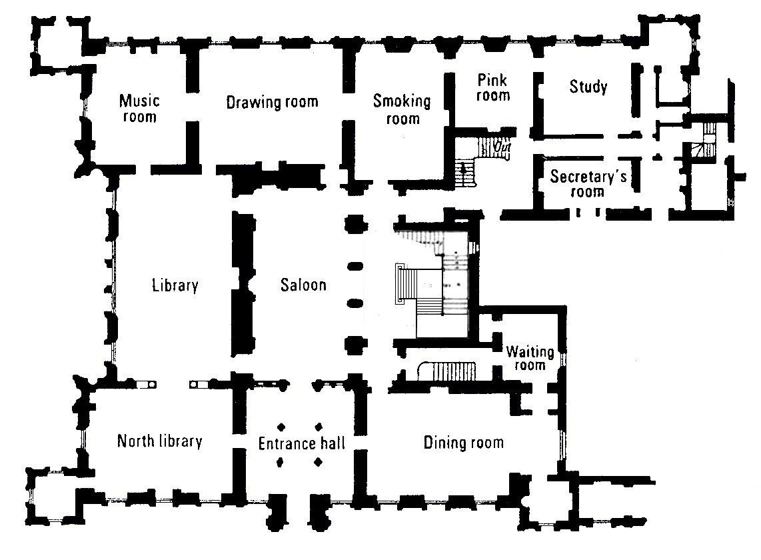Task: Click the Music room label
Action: click(x=139, y=109)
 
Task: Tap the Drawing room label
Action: click(x=272, y=102)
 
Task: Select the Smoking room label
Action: click(x=402, y=109)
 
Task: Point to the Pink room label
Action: click(x=493, y=87)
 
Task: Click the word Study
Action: click(x=588, y=87)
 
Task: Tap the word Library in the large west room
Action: click(x=175, y=285)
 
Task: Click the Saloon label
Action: click(x=303, y=285)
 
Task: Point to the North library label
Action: click(x=159, y=441)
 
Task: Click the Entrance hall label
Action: click(x=301, y=443)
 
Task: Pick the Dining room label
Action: click(x=463, y=443)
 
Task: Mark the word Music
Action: click(x=139, y=101)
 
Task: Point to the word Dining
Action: click(x=444, y=443)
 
